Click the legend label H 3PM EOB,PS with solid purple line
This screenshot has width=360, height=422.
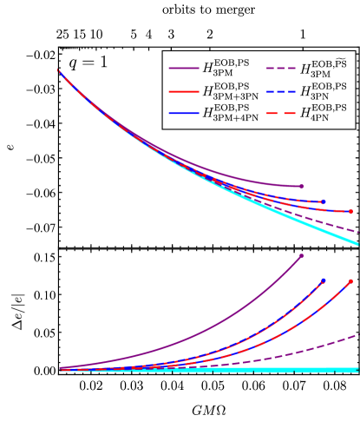(x=223, y=67)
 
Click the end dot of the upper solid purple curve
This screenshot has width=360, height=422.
(x=301, y=186)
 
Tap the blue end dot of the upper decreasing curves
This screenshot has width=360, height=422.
(x=323, y=202)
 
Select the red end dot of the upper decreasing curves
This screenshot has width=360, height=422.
(x=350, y=211)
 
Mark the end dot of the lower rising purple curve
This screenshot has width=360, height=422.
(x=301, y=256)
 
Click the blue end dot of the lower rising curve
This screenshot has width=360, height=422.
(x=324, y=280)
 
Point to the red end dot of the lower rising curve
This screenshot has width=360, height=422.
(x=350, y=281)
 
